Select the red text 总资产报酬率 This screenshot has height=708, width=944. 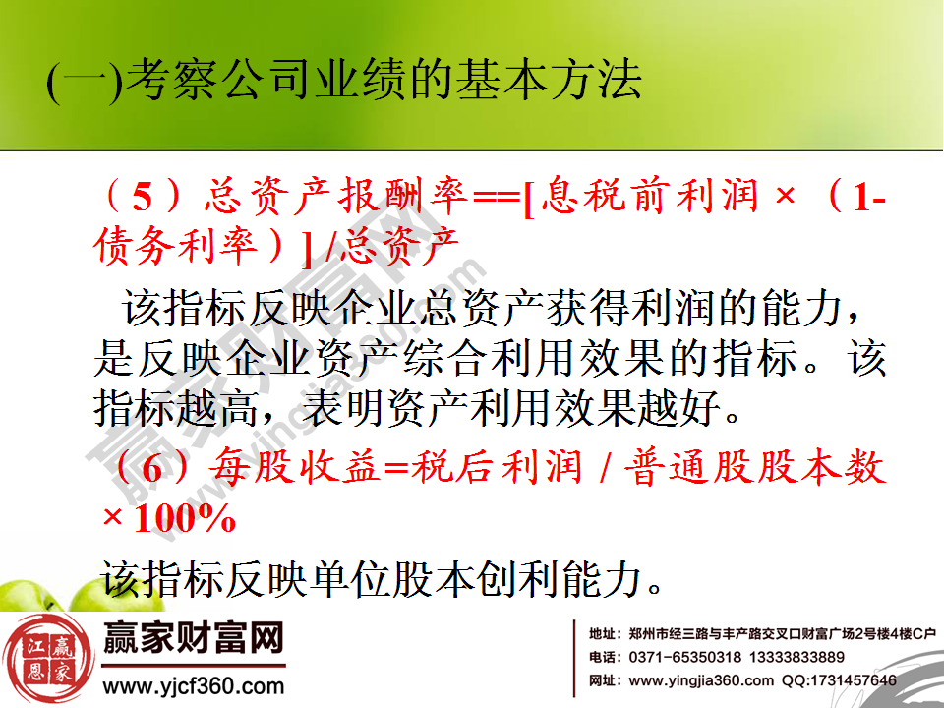click(333, 200)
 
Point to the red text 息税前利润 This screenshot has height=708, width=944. click(649, 200)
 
